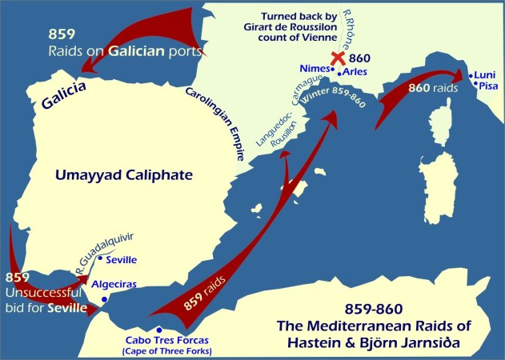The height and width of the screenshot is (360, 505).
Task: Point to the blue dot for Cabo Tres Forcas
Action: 159,329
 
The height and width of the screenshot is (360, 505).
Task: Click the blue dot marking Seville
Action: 100,258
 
